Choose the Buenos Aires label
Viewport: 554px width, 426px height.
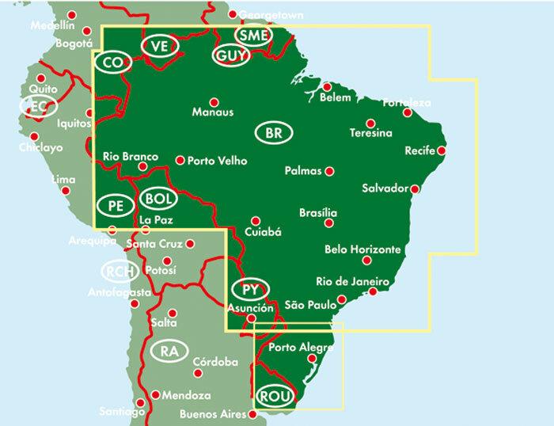(214, 414)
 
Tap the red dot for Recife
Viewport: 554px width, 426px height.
(442, 150)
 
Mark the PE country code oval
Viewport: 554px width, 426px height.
(114, 205)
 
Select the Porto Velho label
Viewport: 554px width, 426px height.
(217, 161)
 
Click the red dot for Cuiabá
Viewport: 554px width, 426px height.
(256, 221)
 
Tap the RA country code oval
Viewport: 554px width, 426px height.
(168, 351)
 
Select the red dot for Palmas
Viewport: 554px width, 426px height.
(330, 170)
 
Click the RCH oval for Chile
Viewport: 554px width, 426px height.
(120, 272)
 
